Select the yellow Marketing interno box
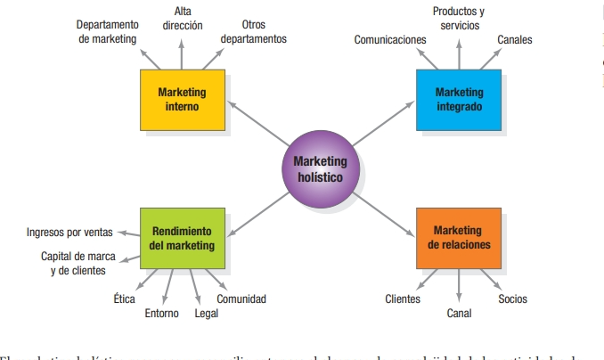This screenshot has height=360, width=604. coord(182,100)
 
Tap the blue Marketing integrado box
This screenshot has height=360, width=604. coord(459,100)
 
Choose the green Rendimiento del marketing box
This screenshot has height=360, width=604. coord(182,238)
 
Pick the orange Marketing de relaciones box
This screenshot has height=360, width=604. coord(458,238)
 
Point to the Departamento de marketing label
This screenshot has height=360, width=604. coord(107,32)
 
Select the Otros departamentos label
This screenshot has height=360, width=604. coord(254,32)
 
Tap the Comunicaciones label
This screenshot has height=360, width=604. coord(390,40)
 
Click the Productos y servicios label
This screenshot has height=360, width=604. coord(460,19)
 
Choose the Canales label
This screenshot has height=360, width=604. coord(515,40)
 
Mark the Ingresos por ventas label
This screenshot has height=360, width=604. coord(69,233)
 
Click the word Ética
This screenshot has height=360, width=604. coord(125,299)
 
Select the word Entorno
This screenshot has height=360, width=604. coord(161,314)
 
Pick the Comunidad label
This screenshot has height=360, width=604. coord(241,299)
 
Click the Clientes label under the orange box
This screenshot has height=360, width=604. coord(403,299)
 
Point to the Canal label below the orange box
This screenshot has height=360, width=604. coord(459,314)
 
